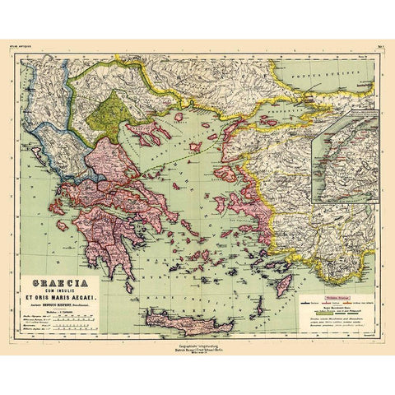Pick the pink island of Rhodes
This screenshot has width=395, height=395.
coord(284,285)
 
